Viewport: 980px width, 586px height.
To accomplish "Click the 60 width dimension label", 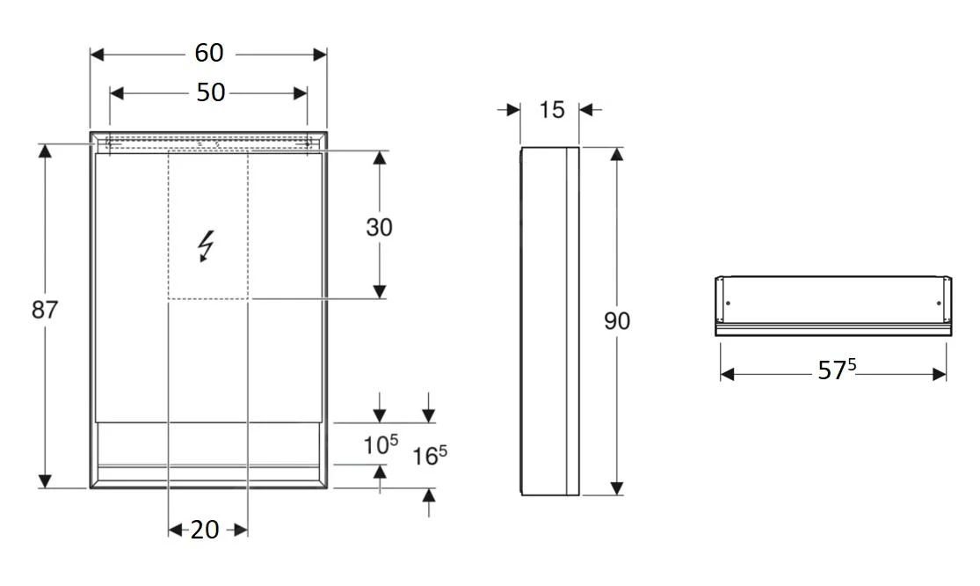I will [209, 54].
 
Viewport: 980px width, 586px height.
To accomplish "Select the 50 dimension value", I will [210, 92].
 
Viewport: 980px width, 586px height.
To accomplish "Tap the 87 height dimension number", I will [45, 310].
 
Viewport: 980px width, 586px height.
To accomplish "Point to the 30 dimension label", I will [379, 227].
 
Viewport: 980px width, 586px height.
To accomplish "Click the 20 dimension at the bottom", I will [205, 530].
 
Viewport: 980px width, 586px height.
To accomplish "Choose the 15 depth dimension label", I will [551, 109].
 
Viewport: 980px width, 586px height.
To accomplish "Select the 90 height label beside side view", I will [617, 321].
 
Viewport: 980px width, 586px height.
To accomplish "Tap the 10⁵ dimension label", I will [381, 445].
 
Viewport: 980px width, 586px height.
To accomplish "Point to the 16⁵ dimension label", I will [430, 455].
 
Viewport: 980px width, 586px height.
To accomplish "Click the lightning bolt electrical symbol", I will [207, 245].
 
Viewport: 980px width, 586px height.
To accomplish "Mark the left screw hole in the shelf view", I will [728, 304].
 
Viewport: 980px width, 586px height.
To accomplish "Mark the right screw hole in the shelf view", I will [938, 304].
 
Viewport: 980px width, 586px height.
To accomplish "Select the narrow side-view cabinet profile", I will [550, 321].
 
